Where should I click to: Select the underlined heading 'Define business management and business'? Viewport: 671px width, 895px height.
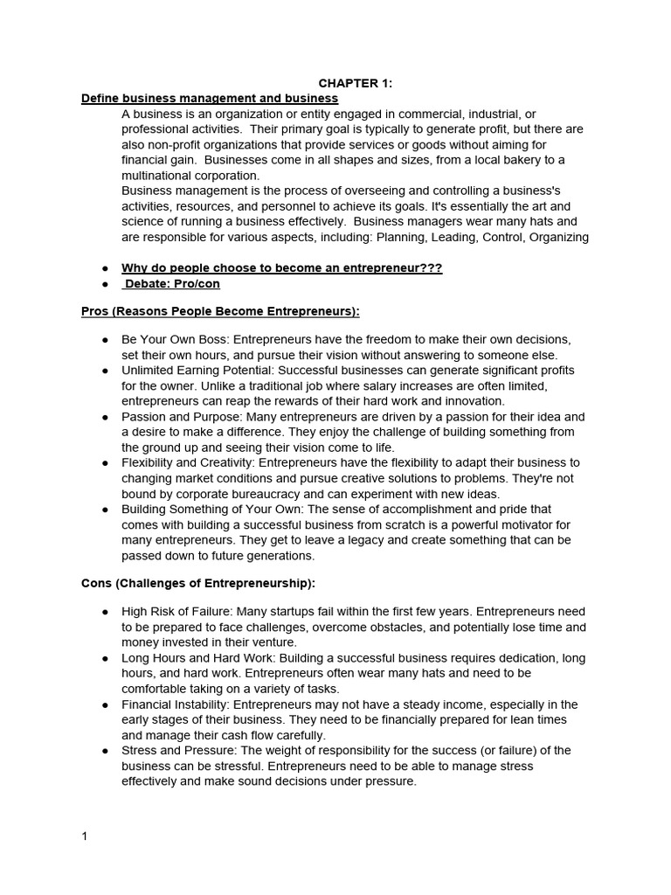[x=210, y=99]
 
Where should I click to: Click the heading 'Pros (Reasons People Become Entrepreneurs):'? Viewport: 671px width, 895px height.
[x=220, y=311]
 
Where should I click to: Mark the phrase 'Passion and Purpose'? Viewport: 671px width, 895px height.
[x=176, y=417]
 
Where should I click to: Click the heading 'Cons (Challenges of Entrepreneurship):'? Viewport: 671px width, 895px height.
[x=198, y=583]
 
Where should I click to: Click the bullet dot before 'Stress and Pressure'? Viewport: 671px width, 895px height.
[x=105, y=751]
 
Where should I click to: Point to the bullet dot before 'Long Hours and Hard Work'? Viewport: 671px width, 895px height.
[x=105, y=658]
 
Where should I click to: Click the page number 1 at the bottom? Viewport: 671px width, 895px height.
[x=85, y=836]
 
